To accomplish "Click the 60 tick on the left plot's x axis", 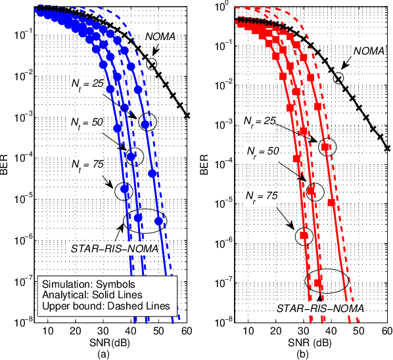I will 188,332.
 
